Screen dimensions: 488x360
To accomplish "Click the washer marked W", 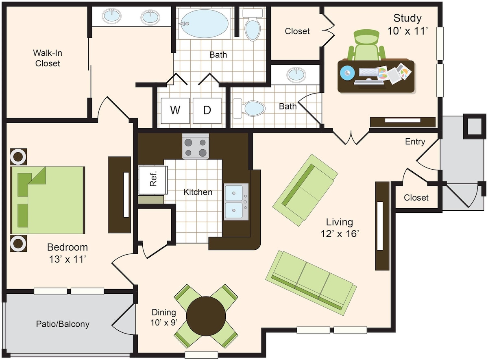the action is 175,111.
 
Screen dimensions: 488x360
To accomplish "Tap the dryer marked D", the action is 207,111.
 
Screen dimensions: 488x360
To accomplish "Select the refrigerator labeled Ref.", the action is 153,180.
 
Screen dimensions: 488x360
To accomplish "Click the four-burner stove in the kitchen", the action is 196,146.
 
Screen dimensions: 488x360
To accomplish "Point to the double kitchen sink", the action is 236,202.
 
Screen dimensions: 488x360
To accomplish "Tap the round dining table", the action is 206,316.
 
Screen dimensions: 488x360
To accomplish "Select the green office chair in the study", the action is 366,45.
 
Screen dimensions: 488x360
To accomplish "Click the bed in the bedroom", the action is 48,200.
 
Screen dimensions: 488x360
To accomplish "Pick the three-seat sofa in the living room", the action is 311,283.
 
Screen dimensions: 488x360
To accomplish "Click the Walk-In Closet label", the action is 48,58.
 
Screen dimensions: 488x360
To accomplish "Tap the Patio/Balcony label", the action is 63,324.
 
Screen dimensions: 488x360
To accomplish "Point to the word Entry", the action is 415,142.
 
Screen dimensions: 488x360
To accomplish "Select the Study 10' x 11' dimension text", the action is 407,25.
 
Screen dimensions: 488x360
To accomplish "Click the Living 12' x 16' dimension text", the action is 340,228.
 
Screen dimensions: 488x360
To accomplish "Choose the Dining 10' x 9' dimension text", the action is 164,317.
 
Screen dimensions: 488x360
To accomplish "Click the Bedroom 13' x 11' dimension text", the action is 68,253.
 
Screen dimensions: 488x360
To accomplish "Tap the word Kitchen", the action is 198,192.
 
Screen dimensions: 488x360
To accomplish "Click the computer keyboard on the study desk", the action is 369,72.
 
